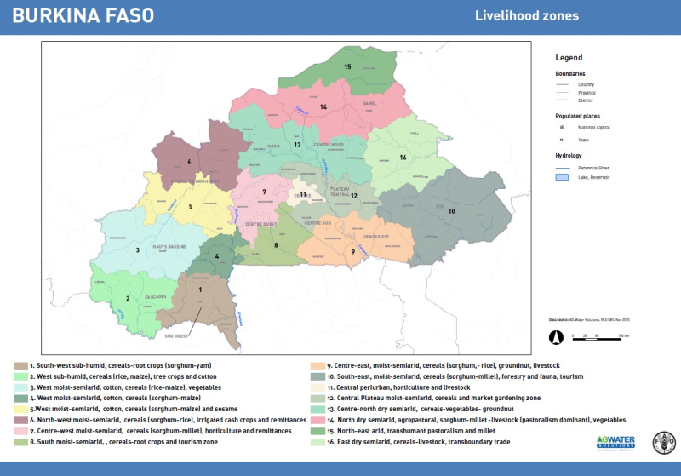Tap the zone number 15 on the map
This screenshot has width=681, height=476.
347,66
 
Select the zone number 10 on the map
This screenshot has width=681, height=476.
451,210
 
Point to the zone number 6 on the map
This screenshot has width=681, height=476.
189,161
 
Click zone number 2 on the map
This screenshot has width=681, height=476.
128,299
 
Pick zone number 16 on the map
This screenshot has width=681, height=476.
403,158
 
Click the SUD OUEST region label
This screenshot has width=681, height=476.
176,336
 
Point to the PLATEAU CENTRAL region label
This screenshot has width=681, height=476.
340,190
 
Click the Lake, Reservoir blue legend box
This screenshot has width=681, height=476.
562,178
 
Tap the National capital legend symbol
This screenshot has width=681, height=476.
562,127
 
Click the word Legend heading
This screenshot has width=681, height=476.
569,58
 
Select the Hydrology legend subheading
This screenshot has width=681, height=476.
570,157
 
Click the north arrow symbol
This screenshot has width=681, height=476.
557,336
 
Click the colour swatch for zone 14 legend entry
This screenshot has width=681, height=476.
319,420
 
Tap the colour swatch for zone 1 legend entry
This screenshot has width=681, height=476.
20,365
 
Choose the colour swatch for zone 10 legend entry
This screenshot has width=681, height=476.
319,376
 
